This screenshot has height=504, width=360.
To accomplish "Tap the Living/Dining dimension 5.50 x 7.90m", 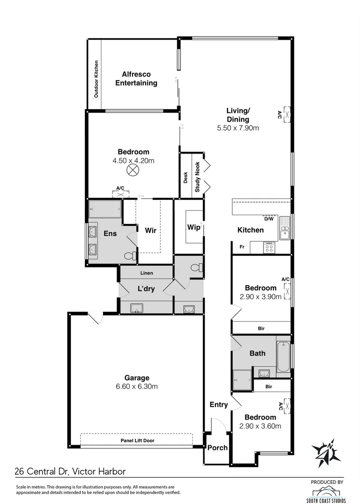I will pos(238,128).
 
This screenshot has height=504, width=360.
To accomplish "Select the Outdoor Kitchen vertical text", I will pos(97,79).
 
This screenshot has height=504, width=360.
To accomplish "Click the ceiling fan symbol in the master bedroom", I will pos(133,170).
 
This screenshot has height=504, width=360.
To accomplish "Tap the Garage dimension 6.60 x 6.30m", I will pos(137,386).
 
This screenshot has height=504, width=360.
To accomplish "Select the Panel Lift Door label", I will pos(137,440).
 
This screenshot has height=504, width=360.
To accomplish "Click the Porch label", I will pos(217,448).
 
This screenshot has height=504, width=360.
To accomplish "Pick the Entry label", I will pos(219,405).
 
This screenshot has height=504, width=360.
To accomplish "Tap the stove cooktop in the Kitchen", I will pos(270,247).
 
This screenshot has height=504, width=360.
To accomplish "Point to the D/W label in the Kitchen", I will pos(269,218).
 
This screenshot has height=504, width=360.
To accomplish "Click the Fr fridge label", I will pos(242,247).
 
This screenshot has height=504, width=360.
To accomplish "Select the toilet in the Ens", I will pos(131,255).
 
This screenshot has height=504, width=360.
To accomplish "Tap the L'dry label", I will pos(146,289).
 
